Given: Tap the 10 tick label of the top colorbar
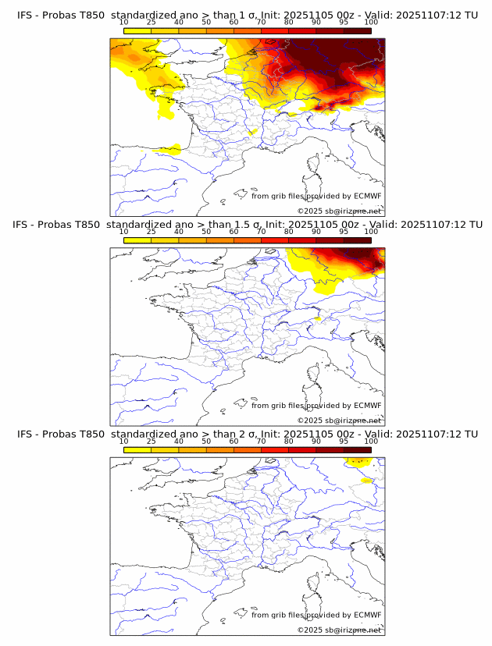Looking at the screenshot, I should click(x=123, y=22).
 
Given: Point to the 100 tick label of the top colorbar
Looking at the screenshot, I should click(x=371, y=22).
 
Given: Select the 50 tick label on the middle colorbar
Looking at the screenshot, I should click(x=206, y=232).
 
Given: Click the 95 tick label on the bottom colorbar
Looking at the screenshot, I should click(x=344, y=442).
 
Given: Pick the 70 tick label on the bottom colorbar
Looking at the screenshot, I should click(x=261, y=442).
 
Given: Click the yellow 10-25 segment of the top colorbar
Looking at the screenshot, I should click(x=137, y=30).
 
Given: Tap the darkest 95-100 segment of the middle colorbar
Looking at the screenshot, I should click(x=357, y=240).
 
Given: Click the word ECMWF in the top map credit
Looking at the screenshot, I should click(x=368, y=196).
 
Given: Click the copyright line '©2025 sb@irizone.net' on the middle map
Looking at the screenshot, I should click(x=339, y=420).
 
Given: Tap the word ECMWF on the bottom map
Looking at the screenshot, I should click(x=368, y=615).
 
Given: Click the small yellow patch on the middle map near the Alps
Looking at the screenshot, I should click(x=318, y=318).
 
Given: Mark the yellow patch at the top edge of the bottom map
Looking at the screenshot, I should click(x=357, y=463).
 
